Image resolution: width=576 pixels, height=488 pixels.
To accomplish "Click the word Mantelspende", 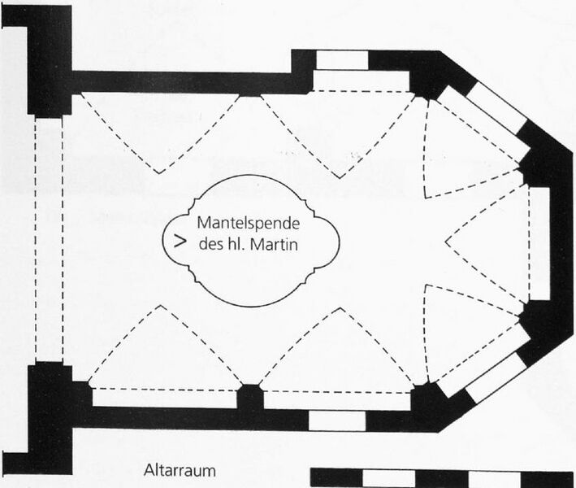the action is click(x=249, y=224).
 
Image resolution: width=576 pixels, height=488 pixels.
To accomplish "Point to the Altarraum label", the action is click(x=180, y=471).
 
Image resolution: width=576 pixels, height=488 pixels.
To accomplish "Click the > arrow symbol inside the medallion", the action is click(x=180, y=242).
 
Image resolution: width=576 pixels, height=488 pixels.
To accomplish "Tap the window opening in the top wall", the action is click(x=342, y=60).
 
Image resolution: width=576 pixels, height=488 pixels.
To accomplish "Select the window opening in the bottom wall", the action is click(x=337, y=420).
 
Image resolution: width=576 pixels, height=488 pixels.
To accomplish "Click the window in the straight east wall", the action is click(x=539, y=244).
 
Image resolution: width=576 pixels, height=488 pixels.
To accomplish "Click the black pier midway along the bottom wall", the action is click(x=250, y=397).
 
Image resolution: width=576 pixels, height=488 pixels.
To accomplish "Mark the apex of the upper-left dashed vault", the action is click(x=159, y=173).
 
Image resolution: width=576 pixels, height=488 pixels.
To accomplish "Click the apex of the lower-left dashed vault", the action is click(x=161, y=306).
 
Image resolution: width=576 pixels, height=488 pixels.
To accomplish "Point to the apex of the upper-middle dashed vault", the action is click(x=339, y=178).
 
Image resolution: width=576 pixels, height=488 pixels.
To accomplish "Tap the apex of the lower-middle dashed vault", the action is click(x=340, y=308).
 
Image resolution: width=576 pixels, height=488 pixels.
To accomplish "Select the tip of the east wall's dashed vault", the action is click(x=445, y=242).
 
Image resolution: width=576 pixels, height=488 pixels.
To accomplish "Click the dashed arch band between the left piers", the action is click(x=49, y=239).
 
